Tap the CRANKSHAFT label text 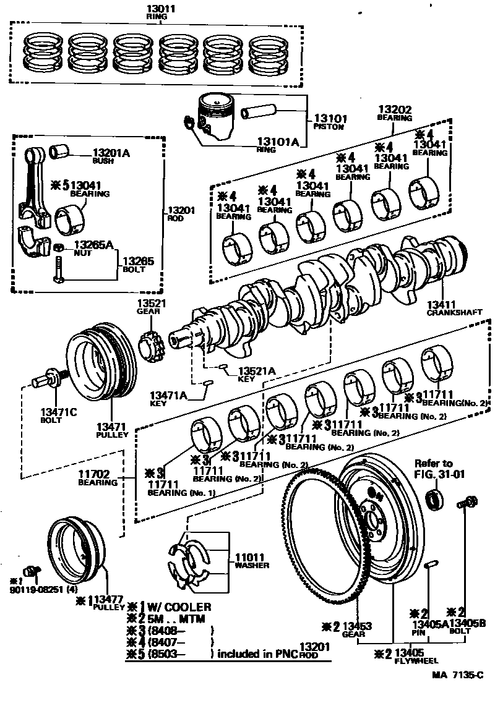[x=454, y=312]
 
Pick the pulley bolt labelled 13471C [x=48, y=380]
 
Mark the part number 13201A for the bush [x=111, y=153]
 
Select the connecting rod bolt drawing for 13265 [x=59, y=273]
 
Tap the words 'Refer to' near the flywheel [x=433, y=463]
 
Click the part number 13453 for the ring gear [x=356, y=627]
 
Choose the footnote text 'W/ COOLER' [x=180, y=607]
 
